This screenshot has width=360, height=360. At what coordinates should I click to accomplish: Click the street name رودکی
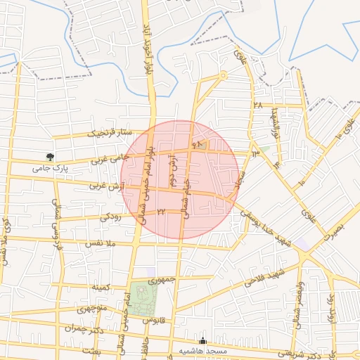(110, 217)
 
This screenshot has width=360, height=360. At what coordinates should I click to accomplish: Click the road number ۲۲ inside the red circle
(161, 211)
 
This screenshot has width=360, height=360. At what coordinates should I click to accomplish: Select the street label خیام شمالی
(187, 197)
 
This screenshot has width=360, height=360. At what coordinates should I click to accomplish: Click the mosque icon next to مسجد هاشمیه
(204, 340)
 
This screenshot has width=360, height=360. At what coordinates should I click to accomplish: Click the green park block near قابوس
(144, 297)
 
